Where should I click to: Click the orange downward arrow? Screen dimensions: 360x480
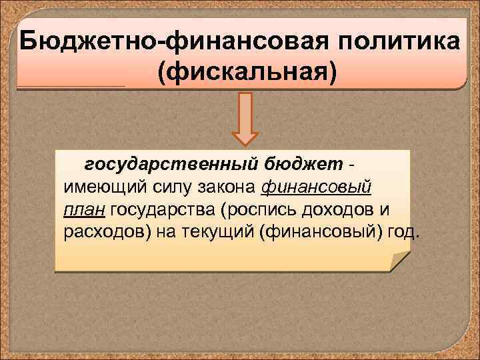tap(245, 119)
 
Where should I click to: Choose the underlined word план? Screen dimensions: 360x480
tap(85, 211)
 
